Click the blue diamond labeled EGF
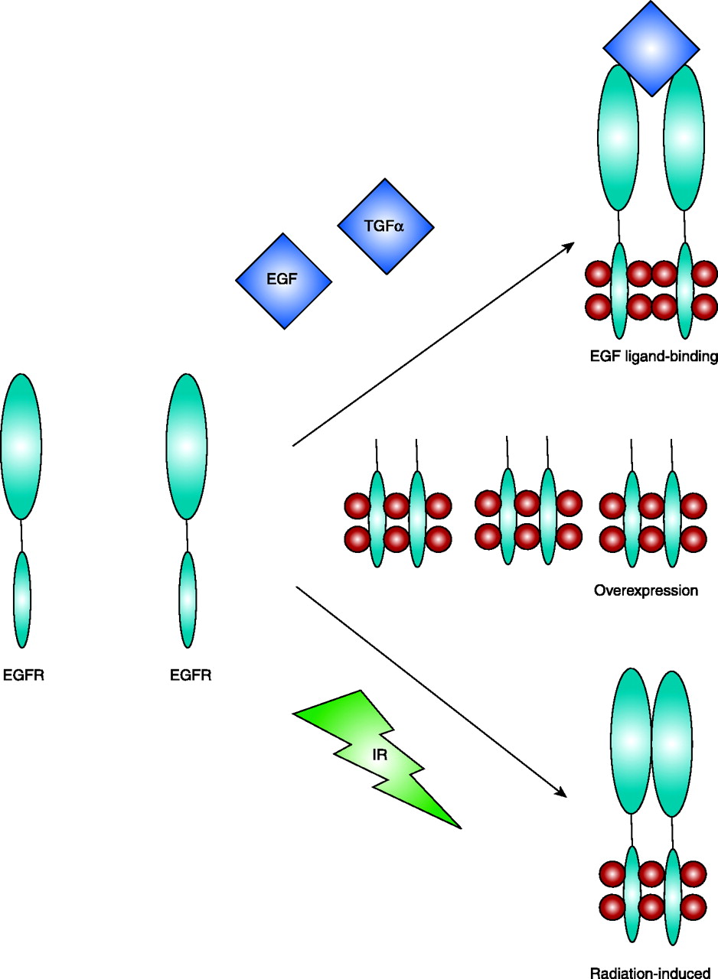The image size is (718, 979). point(283,281)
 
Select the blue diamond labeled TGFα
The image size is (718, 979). point(385,226)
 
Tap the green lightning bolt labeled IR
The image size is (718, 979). point(380,757)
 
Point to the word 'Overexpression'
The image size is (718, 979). point(646,590)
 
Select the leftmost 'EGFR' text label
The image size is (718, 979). point(23,675)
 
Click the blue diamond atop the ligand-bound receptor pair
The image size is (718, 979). point(651,47)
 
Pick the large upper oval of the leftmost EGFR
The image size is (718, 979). point(21,446)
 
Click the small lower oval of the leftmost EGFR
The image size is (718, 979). point(22,599)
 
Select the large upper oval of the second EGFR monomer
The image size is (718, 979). point(187,446)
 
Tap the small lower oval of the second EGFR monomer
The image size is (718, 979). point(188,599)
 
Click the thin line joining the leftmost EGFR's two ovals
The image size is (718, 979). point(21,535)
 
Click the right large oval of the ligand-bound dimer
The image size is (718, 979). point(684,138)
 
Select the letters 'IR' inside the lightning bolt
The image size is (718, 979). point(380,754)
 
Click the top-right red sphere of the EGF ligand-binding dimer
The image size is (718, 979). point(704,272)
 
